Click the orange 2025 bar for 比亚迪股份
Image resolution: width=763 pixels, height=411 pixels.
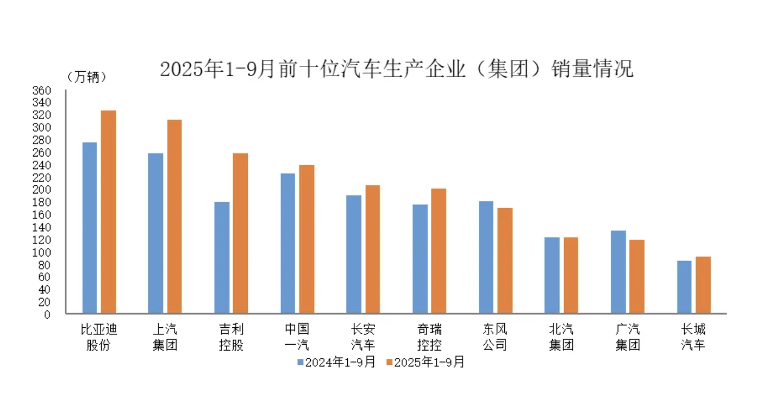109,212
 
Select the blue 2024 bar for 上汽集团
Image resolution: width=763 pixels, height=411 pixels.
155,233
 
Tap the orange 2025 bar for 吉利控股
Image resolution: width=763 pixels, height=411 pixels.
240,233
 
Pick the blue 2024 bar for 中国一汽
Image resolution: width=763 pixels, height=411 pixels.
287,243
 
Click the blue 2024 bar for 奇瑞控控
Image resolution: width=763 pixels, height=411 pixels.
420,259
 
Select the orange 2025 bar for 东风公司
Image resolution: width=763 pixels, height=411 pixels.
505,260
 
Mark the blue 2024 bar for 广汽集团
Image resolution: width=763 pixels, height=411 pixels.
618,272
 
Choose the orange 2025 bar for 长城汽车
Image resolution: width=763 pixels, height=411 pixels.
703,285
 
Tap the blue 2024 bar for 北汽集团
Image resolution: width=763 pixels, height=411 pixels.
552,275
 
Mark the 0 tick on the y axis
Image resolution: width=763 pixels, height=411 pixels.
47,314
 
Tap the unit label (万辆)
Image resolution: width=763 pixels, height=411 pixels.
87,78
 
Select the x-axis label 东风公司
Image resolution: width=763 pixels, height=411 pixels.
495,337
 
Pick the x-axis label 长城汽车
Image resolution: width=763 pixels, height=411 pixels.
693,337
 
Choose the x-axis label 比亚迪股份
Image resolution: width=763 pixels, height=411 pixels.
99,337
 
